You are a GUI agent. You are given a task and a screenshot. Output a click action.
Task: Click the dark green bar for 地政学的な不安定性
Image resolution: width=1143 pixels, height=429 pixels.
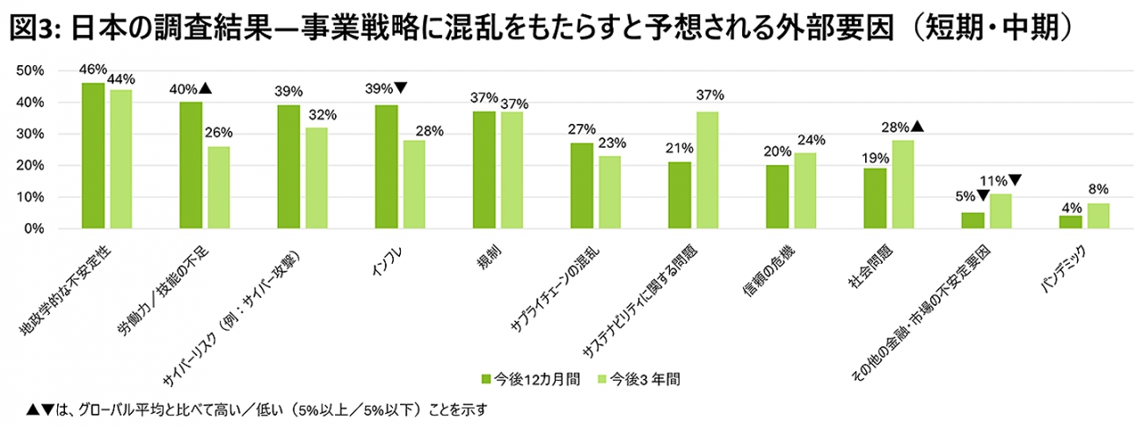[93, 156]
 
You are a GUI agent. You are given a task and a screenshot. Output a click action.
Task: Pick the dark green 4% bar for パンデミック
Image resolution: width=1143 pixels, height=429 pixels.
[1070, 222]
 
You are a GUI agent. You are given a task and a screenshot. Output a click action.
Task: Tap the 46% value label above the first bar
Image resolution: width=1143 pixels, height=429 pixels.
[92, 69]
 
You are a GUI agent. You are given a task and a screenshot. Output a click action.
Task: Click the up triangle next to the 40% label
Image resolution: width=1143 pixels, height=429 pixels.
[205, 88]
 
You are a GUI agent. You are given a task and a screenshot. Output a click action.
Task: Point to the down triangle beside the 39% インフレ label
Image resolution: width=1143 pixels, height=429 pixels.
[400, 88]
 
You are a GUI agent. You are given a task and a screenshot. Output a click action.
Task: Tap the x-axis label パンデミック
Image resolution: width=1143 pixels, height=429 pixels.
[1064, 268]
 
